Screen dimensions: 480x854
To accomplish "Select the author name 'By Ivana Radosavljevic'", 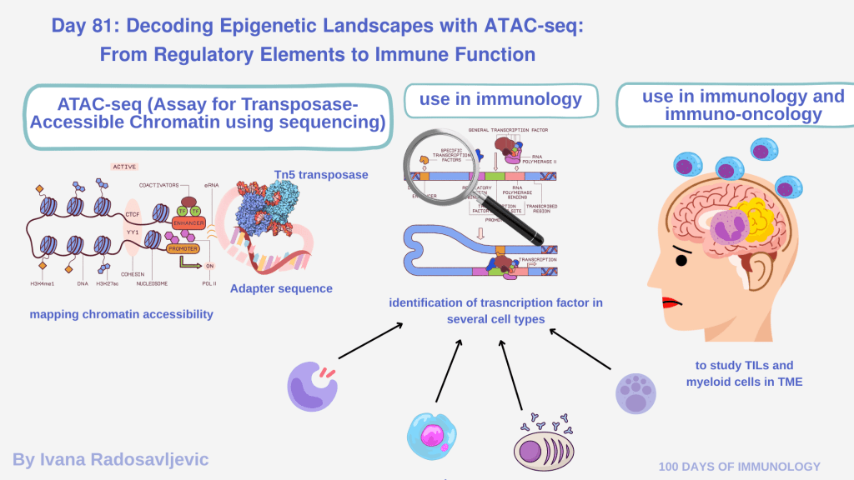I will [x=110, y=459].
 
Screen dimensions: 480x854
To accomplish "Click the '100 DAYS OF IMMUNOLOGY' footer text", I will [x=740, y=467].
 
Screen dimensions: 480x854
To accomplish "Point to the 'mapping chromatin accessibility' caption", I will [x=121, y=314].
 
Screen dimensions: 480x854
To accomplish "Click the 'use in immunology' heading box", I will [x=500, y=100].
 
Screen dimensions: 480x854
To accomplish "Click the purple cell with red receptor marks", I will [x=312, y=386].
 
